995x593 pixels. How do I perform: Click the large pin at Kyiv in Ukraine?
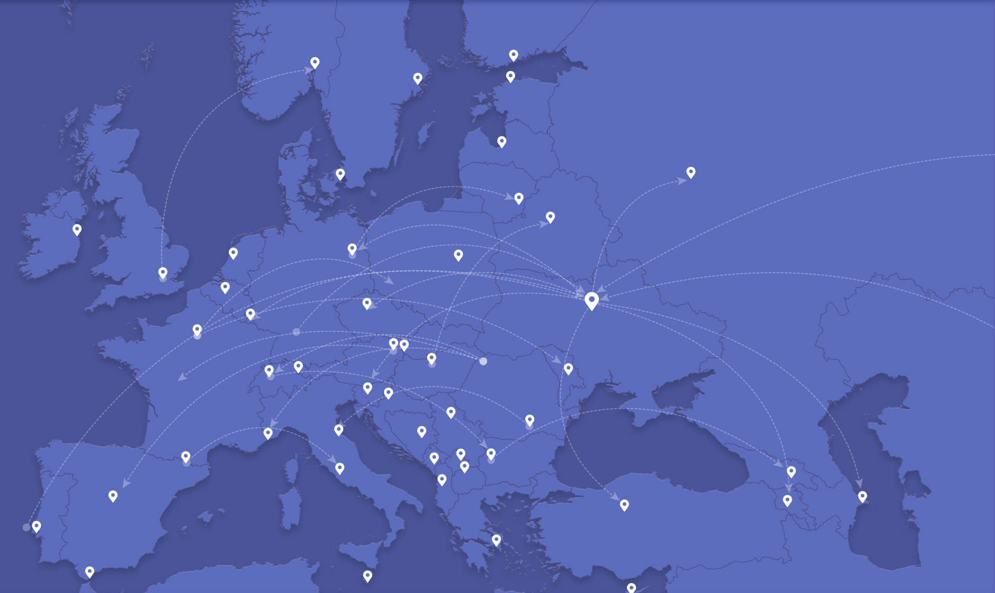591,300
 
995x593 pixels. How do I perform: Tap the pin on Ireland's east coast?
77,229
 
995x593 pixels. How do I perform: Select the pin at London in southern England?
163,273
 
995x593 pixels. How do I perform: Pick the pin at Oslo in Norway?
315,62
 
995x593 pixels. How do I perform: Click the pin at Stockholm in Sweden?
418,78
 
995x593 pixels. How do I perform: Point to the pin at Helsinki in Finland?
510,76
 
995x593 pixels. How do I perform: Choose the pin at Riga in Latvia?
501,141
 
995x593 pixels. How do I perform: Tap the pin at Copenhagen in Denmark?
340,174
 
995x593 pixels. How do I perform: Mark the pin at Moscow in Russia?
691,172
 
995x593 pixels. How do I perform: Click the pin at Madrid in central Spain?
113,496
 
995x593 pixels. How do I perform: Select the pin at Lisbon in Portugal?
37,526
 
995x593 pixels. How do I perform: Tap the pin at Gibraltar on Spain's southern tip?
89,572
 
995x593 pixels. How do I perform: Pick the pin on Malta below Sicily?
367,576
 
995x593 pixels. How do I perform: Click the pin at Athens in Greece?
496,540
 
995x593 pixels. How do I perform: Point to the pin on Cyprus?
631,588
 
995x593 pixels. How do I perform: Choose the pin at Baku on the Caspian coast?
863,496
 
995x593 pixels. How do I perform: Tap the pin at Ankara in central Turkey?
624,505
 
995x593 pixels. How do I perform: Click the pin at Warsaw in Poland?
459,255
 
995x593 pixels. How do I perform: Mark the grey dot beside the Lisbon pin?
26,527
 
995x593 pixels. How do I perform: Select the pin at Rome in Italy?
340,468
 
